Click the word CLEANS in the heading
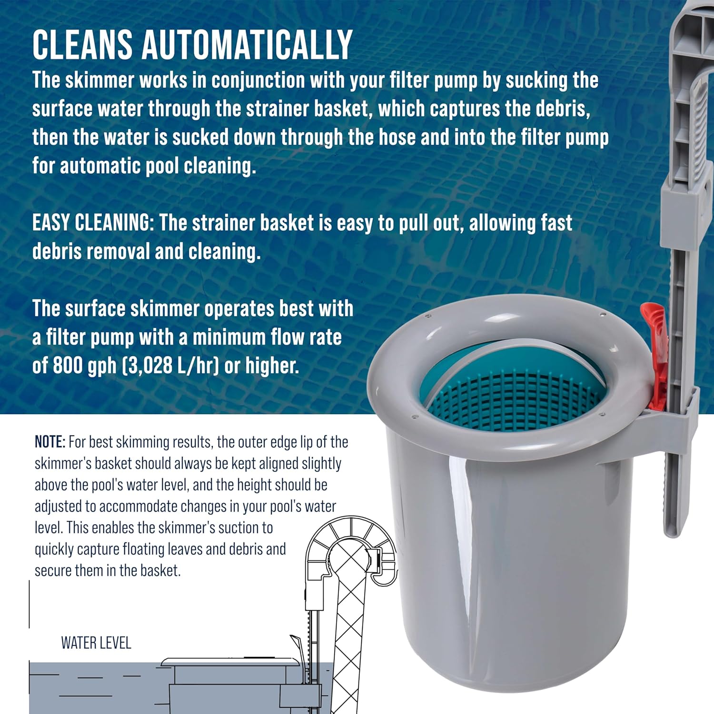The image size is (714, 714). [82, 44]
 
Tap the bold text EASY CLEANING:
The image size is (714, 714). [93, 223]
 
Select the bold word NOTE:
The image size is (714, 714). [50, 442]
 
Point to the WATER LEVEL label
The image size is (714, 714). [96, 643]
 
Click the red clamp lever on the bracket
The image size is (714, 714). [657, 352]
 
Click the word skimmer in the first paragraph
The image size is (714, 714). [99, 80]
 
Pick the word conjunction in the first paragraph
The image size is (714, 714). [258, 80]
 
